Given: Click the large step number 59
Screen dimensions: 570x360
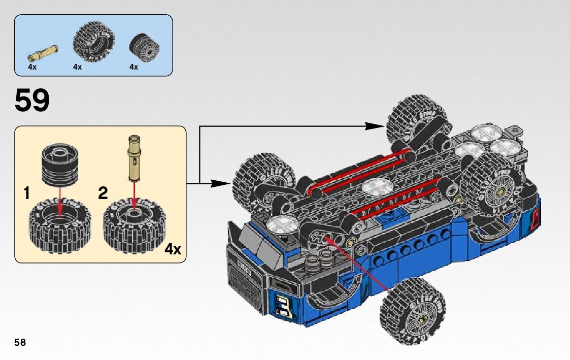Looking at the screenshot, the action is pos(32,101).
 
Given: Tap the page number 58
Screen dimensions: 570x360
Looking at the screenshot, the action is pos(20,342).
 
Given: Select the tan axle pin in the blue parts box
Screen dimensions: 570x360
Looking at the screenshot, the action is pos(43,52).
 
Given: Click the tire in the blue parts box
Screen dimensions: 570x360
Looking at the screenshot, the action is pos(94,41).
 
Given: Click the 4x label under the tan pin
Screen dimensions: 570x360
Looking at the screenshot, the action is pos(32,67).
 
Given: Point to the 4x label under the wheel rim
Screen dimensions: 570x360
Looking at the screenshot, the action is pos(134,67).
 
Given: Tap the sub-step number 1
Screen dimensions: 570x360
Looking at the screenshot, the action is pos(26,193).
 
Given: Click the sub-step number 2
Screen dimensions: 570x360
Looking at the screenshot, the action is pos(103,193).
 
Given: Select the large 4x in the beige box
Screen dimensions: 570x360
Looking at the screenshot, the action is pos(173,249).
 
